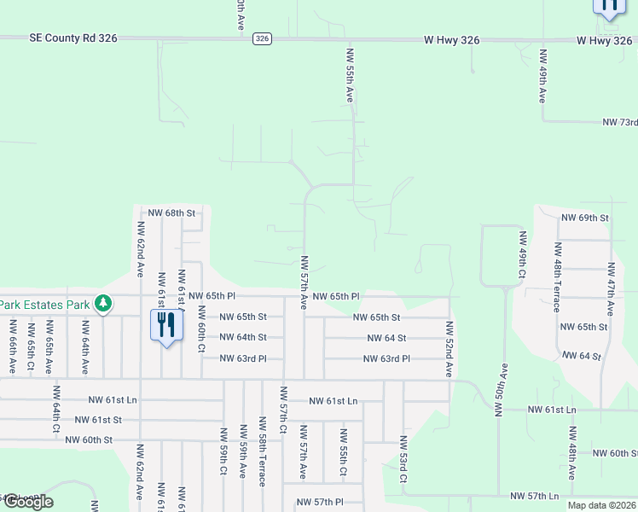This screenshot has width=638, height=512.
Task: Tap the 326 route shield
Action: point(262,38)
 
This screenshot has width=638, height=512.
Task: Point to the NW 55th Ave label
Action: point(350,75)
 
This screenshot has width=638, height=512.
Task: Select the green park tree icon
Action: point(102,303)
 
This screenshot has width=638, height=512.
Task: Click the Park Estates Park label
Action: point(44,304)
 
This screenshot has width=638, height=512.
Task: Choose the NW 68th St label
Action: point(171,212)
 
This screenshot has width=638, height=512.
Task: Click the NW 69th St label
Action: point(584,218)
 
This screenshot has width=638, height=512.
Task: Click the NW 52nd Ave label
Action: point(449,349)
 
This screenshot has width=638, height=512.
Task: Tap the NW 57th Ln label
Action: point(534,496)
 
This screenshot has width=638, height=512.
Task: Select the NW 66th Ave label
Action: point(13,346)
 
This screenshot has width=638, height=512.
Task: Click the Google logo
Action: point(27,503)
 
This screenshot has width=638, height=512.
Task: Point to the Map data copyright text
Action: point(601,505)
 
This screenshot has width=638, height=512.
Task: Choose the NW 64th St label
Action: point(243,338)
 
